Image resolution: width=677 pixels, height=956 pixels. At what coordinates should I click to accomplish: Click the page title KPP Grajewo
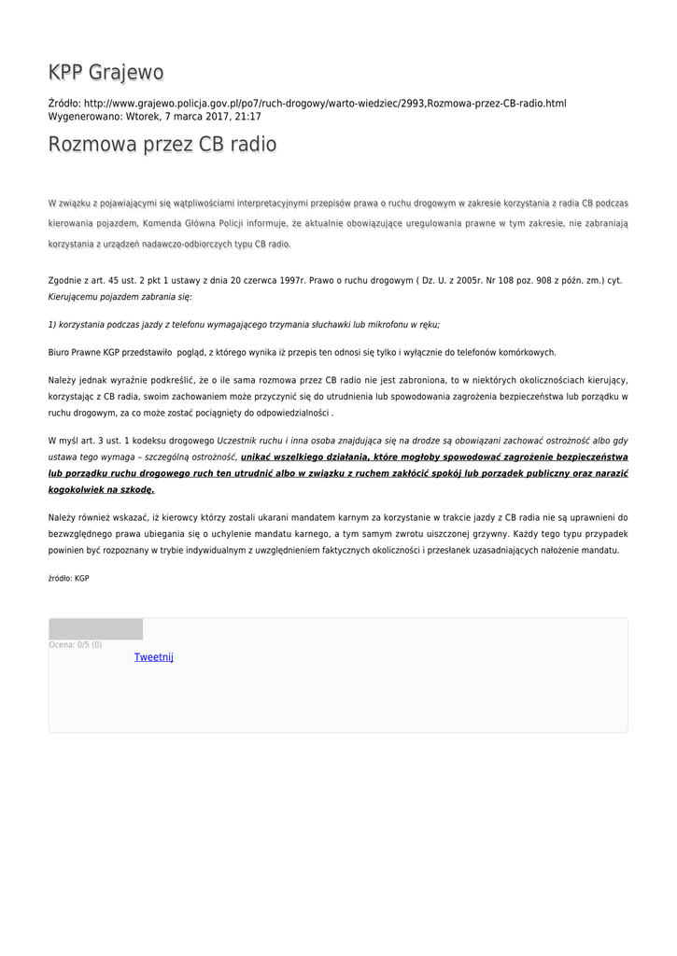pyautogui.click(x=106, y=73)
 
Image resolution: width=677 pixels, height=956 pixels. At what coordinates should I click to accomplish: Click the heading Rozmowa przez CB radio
pyautogui.click(x=162, y=145)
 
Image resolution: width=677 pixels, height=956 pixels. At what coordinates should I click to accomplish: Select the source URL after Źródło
pyautogui.click(x=325, y=103)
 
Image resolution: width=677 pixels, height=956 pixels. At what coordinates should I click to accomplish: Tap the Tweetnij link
pyautogui.click(x=154, y=657)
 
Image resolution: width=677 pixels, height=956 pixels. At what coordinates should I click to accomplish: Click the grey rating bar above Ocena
pyautogui.click(x=95, y=628)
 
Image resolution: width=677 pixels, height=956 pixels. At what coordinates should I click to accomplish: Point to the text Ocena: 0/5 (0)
pyautogui.click(x=76, y=644)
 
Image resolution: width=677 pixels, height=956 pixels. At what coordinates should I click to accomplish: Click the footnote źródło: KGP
pyautogui.click(x=68, y=579)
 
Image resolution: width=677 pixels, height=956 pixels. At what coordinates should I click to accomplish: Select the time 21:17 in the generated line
pyautogui.click(x=247, y=117)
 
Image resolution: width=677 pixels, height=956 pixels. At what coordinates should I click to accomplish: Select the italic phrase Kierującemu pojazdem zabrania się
pyautogui.click(x=120, y=297)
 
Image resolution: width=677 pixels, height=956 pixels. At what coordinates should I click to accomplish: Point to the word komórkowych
pyautogui.click(x=527, y=353)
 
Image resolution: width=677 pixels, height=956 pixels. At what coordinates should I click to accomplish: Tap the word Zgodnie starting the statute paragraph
pyautogui.click(x=66, y=280)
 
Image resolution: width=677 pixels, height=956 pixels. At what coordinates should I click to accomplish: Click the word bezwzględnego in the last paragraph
pyautogui.click(x=81, y=533)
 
